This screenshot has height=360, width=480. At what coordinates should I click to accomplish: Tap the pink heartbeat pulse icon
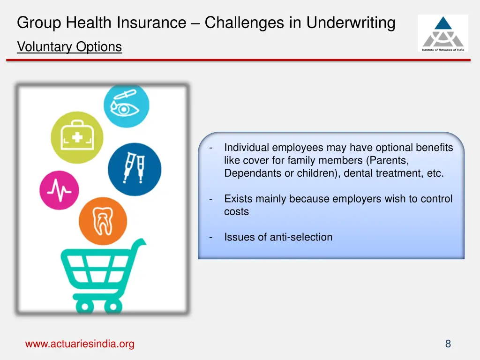tap(59, 190)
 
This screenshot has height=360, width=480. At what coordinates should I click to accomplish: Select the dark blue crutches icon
tap(134, 169)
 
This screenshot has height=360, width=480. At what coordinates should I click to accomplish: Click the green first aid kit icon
tap(77, 137)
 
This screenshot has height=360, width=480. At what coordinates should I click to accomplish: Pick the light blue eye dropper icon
tap(126, 106)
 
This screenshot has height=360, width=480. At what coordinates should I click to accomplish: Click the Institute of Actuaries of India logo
tap(442, 33)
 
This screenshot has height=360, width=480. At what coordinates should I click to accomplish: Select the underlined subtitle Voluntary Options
tap(69, 47)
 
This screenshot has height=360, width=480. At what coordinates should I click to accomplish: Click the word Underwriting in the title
tap(351, 22)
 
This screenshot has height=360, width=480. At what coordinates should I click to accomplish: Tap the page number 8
tap(448, 344)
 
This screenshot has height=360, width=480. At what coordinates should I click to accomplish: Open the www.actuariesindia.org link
tap(80, 344)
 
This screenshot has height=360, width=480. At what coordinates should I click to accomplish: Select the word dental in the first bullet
tap(358, 173)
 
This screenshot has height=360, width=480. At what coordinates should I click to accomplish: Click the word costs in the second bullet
tap(236, 211)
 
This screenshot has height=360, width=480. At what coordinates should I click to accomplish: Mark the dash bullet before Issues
tap(211, 237)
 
